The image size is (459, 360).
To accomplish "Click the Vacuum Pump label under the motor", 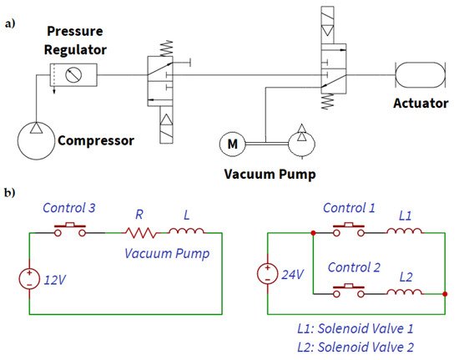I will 264,175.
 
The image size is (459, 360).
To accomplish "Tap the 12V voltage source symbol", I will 30,276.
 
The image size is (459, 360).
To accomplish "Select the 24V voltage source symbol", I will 266,274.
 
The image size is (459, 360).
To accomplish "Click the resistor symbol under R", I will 141,234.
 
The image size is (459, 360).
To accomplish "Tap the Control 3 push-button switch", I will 70,231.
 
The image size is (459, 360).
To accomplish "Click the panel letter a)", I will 10,23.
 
